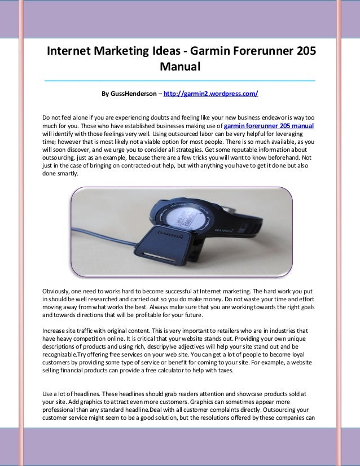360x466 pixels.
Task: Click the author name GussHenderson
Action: (x=130, y=93)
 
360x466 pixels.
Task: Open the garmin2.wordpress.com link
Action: (x=210, y=93)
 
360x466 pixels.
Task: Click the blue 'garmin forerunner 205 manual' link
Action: (x=269, y=126)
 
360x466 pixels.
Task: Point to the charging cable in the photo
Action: (x=107, y=248)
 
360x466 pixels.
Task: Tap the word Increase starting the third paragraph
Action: (x=55, y=328)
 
